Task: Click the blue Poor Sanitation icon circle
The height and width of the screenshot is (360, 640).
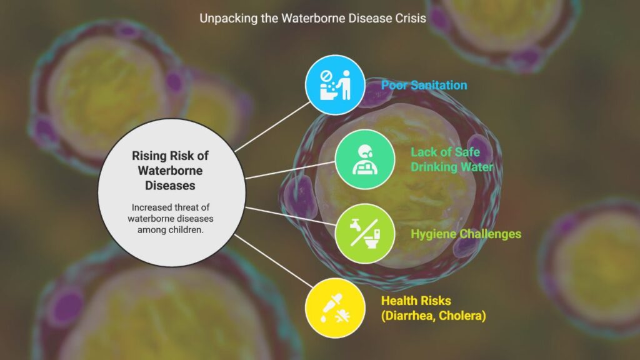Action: (335, 85)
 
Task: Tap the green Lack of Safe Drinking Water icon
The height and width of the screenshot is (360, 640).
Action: (365, 159)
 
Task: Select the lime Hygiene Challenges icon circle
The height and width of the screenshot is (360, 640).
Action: (365, 234)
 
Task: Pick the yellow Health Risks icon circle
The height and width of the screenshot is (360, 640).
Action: (335, 308)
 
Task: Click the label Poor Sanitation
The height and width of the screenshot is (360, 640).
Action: (424, 85)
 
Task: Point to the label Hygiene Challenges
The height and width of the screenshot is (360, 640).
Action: (466, 234)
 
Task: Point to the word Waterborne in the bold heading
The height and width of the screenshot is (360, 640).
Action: (170, 171)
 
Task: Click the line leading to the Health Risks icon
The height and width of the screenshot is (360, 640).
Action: (274, 261)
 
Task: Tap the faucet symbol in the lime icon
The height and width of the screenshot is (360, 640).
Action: (355, 224)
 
